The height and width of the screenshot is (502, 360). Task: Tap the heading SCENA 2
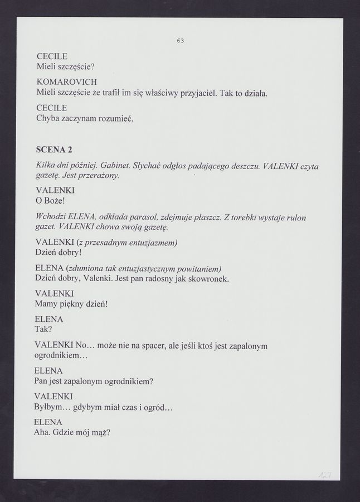coord(54,150)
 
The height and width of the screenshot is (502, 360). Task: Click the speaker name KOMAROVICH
coord(66,82)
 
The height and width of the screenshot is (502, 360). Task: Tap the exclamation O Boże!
coord(50,199)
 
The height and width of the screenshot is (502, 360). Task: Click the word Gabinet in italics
coord(116,166)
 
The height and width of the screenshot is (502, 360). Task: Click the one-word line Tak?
coord(43,329)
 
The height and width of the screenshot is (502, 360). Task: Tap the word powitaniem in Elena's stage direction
coord(198,268)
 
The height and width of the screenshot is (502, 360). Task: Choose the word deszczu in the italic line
coord(243,166)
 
